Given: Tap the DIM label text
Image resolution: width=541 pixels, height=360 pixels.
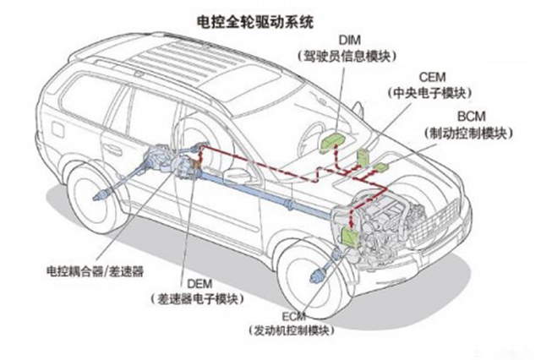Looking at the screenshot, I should (x=349, y=40).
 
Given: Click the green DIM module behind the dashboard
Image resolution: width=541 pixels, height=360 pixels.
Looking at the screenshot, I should (x=333, y=137).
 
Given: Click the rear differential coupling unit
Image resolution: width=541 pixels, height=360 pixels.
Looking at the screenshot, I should (x=169, y=160).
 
